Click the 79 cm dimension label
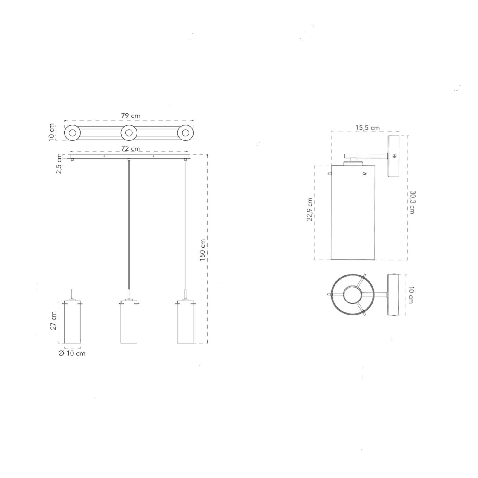point(131,116)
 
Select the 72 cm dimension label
point(131,148)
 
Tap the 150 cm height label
point(203,250)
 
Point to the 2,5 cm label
point(59,163)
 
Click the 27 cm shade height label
point(53,321)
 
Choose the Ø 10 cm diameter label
point(72,353)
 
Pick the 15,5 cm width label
point(367,128)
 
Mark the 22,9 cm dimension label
point(309,209)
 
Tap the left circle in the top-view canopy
point(72,133)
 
